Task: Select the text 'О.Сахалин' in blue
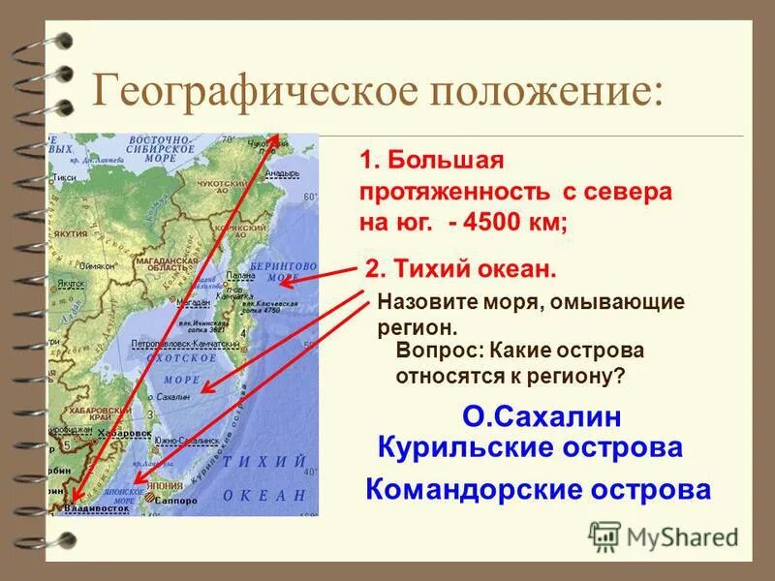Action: click(542, 416)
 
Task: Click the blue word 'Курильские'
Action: click(456, 447)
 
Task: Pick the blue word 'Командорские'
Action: click(473, 489)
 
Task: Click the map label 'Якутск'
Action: click(70, 283)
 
